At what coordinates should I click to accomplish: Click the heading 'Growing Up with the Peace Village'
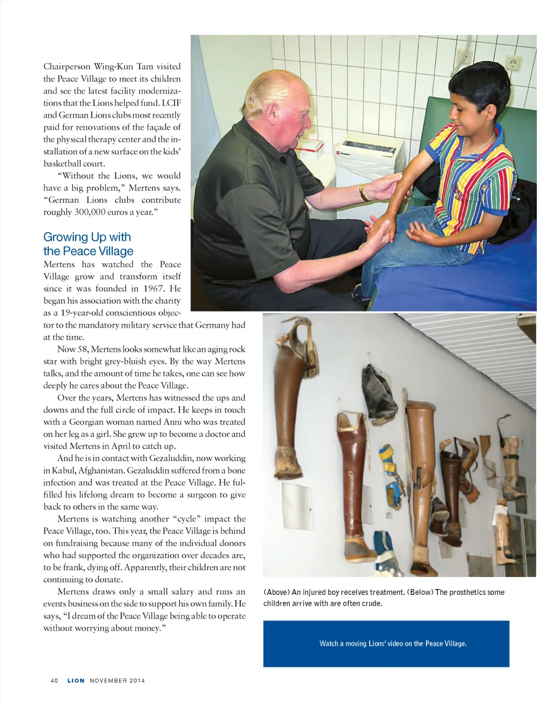tap(88, 244)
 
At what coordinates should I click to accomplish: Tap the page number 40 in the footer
tap(54, 680)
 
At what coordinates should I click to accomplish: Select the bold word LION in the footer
tap(76, 680)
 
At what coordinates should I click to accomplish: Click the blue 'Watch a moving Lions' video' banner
tap(386, 644)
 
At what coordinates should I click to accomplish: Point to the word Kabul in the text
tap(63, 471)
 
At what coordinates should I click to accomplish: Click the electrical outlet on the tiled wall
tap(513, 64)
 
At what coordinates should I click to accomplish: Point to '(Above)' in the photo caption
tap(276, 592)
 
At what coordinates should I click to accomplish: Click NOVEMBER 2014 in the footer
tap(117, 680)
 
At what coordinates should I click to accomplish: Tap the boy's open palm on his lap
tap(421, 231)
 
